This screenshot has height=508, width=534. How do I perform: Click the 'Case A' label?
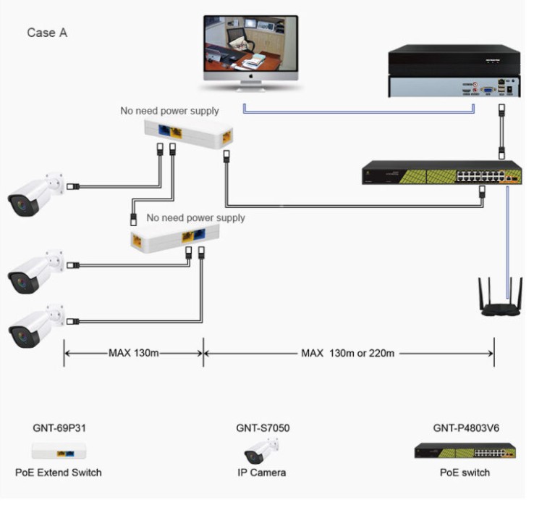tap(47, 33)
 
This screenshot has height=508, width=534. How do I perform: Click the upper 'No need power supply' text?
tap(169, 111)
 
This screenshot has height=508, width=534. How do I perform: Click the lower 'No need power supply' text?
tap(195, 217)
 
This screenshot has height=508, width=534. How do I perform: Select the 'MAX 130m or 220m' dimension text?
tap(347, 353)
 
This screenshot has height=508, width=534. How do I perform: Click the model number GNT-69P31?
tap(59, 428)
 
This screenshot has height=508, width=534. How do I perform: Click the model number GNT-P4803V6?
tap(465, 428)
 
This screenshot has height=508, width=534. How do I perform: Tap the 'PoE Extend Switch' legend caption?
tap(59, 472)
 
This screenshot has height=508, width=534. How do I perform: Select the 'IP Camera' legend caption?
tap(262, 472)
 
